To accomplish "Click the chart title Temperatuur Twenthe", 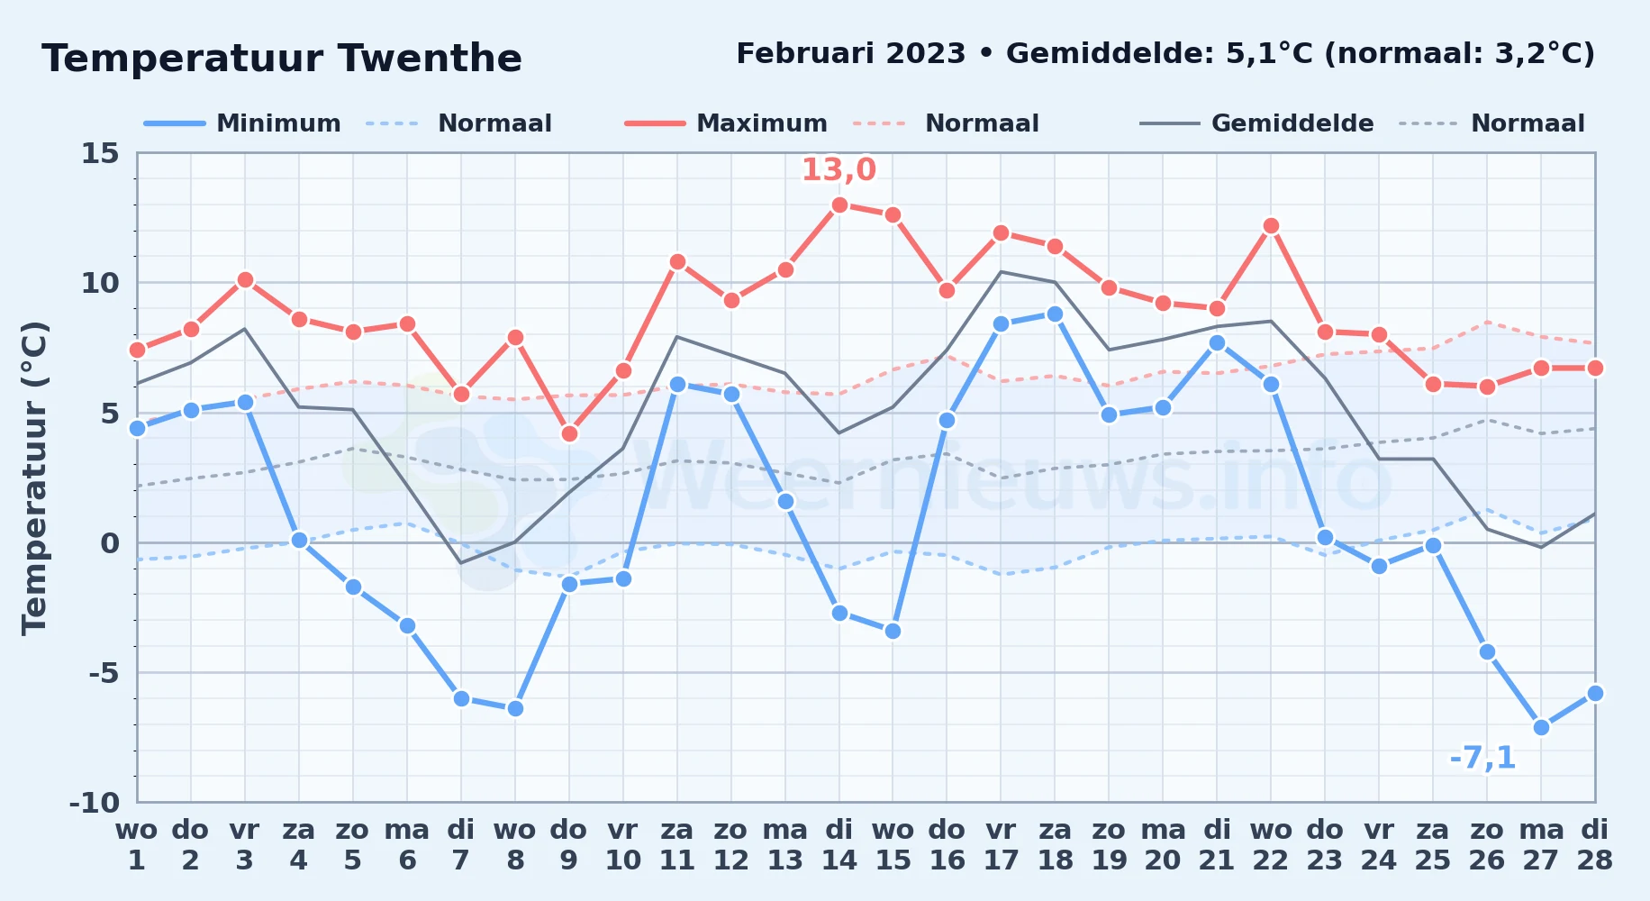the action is click(x=282, y=59).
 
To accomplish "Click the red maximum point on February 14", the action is click(x=839, y=205).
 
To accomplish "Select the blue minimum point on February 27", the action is click(x=1541, y=727).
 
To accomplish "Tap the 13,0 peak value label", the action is click(x=839, y=169).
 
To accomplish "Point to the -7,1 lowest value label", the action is click(x=1482, y=758).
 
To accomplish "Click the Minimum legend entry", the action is click(x=242, y=123).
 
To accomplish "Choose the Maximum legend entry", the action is click(x=726, y=123).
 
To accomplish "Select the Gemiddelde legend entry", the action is click(x=1257, y=123).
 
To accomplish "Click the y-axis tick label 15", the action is click(x=100, y=153).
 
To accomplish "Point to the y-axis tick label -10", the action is click(x=95, y=802).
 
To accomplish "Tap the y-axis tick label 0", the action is click(x=110, y=542).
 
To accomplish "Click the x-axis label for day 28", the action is click(x=1595, y=845).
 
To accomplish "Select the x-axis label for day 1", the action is click(x=137, y=845).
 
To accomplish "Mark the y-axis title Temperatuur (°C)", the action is click(x=35, y=478).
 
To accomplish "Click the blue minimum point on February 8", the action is click(x=515, y=708).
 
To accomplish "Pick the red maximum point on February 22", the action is click(x=1271, y=225).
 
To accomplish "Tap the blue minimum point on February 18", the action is click(x=1055, y=314).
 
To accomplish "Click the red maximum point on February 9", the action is click(x=569, y=433).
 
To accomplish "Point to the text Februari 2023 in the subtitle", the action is click(x=851, y=54).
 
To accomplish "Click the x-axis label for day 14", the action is click(x=839, y=845).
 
